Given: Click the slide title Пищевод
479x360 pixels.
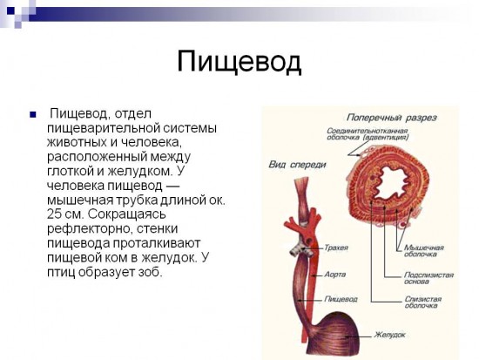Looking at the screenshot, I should pyautogui.click(x=239, y=62).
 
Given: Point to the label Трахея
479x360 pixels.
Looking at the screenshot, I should pyautogui.click(x=335, y=248).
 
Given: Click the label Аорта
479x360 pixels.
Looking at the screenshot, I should pyautogui.click(x=334, y=272).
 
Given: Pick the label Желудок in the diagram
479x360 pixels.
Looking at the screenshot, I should pyautogui.click(x=390, y=334).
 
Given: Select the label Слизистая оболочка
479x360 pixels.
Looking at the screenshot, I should pyautogui.click(x=422, y=302).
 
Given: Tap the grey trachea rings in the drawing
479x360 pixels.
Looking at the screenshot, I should pyautogui.click(x=297, y=248).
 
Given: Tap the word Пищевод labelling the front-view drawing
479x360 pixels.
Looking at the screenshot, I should pyautogui.click(x=339, y=297).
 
